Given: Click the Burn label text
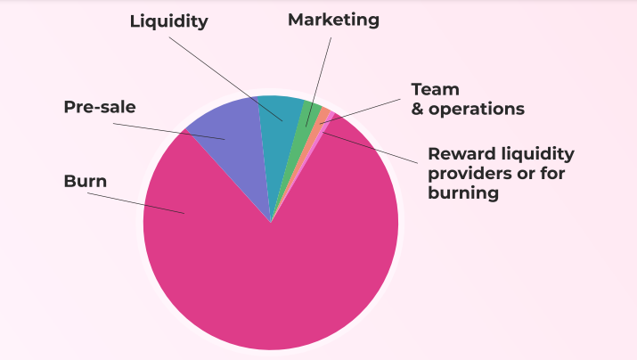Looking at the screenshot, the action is (x=85, y=181).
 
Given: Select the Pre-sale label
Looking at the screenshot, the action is (x=99, y=107).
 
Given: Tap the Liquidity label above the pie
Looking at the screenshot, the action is (x=168, y=20).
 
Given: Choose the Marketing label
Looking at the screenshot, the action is (x=333, y=19).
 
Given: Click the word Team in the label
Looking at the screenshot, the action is (x=435, y=89).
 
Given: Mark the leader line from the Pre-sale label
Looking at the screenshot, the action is (x=151, y=128).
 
